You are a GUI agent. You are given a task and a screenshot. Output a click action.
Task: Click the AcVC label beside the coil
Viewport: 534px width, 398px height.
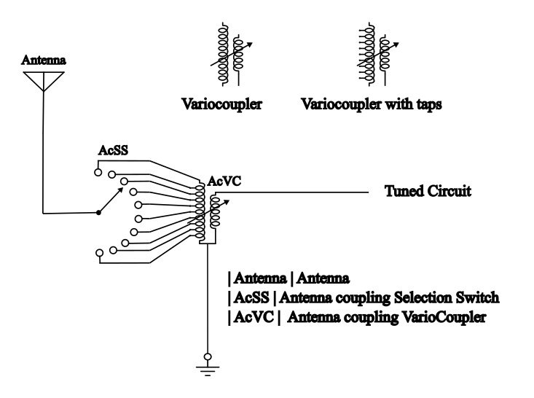tap(222, 180)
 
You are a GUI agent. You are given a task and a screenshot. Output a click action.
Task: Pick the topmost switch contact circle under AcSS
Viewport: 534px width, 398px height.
tap(98, 173)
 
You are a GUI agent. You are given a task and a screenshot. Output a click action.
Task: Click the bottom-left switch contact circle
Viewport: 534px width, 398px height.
tap(98, 253)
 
